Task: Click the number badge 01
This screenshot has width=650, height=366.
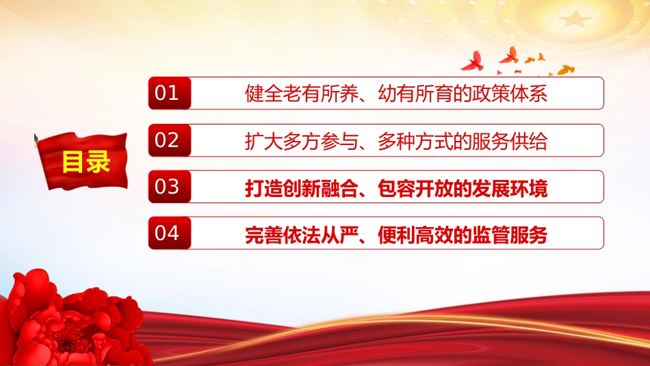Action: point(170,93)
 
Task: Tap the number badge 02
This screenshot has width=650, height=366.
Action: point(170,140)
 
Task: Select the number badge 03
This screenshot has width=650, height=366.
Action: point(170,187)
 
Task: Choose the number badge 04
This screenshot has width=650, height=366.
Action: point(170,233)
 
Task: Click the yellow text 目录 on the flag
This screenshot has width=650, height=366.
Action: point(86,161)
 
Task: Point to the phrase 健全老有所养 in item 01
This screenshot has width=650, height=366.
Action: point(302,94)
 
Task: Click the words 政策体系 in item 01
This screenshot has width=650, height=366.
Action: point(509,94)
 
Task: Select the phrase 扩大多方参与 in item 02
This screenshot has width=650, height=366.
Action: point(302,142)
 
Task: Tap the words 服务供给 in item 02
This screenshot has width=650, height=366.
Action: point(509,142)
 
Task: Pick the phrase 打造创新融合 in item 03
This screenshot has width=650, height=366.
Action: point(302,188)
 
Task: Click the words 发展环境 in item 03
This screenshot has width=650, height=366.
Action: point(509,188)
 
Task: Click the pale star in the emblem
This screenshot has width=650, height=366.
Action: point(575,18)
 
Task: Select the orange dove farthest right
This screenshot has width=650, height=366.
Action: point(565,70)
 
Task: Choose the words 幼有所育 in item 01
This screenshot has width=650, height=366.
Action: point(415,94)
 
